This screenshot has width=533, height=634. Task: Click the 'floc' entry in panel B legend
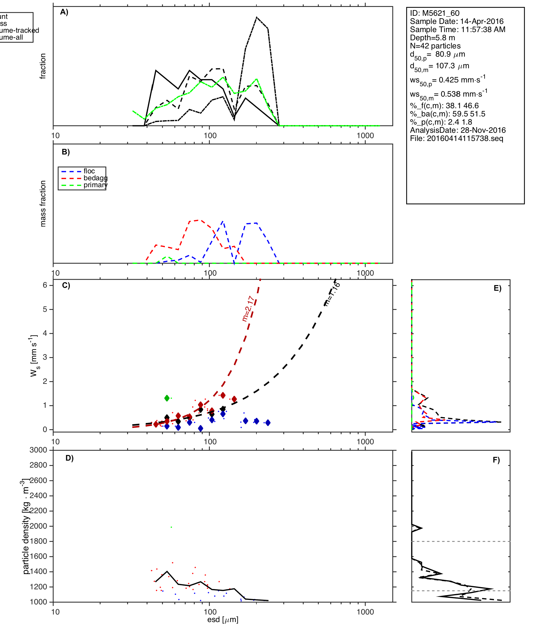pos(89,171)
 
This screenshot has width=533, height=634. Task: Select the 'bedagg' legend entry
pos(95,178)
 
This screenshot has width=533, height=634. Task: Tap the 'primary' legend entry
pos(95,185)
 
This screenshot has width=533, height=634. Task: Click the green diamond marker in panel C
pos(167,398)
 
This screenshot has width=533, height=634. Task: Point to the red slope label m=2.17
pos(248,308)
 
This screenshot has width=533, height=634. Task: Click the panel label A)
pos(64,12)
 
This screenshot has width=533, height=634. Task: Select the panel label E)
pos(497,288)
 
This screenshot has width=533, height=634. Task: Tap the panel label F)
pos(496,460)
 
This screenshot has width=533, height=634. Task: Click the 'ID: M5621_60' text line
pos(435,13)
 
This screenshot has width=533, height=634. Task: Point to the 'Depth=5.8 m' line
pos(432,38)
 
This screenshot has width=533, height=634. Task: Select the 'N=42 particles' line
pos(435,46)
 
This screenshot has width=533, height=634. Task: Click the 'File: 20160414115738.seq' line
pos(457,138)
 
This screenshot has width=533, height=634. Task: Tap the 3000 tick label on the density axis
pos(38,450)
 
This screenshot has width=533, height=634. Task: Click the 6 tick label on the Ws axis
pos(45,285)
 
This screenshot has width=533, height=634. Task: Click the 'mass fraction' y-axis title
pos(43,204)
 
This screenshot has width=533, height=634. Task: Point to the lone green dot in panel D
pos(171,527)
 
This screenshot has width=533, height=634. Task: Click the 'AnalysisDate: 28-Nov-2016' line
pos(458,130)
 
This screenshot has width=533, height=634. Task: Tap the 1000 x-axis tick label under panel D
pos(365,612)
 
